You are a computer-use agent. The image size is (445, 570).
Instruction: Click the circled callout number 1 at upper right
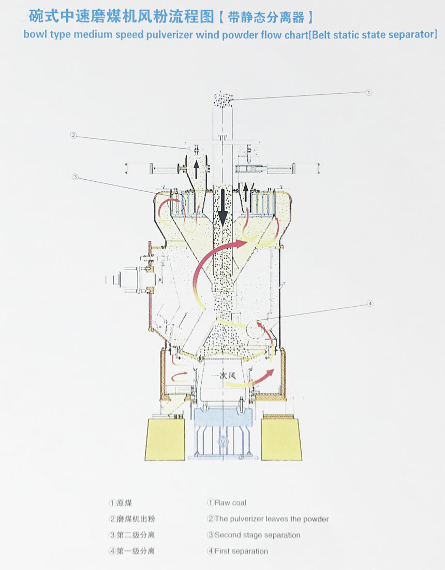pyautogui.click(x=369, y=92)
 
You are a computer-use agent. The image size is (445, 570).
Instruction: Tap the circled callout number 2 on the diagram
pyautogui.click(x=73, y=135)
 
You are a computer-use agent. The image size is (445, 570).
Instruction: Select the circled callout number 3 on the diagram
pyautogui.click(x=75, y=177)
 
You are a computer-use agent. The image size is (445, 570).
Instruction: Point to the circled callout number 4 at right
pyautogui.click(x=370, y=303)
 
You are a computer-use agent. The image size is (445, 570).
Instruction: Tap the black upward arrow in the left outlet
pyautogui.click(x=196, y=169)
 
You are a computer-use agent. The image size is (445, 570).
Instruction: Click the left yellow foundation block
pyautogui.click(x=165, y=439)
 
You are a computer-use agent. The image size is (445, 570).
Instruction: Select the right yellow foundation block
pyautogui.click(x=281, y=439)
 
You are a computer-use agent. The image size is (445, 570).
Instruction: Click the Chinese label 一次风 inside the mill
pyautogui.click(x=224, y=375)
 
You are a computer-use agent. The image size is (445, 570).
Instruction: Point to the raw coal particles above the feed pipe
pyautogui.click(x=222, y=99)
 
